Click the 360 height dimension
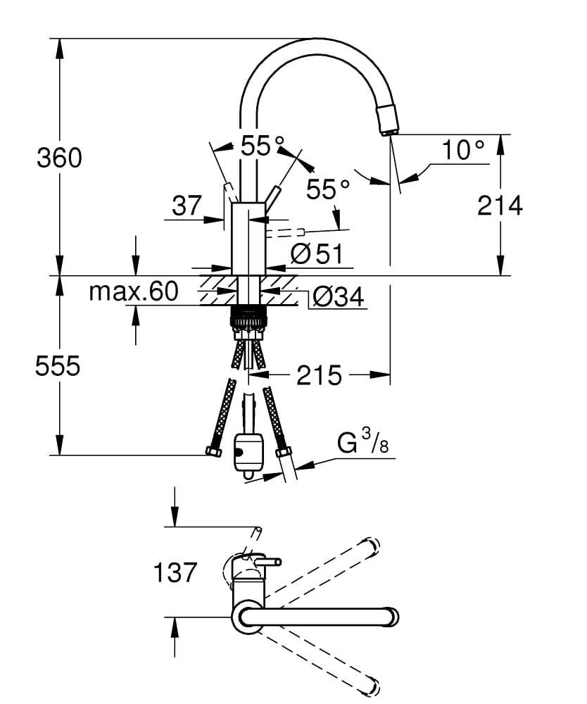coord(59,158)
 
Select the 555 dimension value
coord(59,365)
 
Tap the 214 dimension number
coord(500,206)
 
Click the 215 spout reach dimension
coord(318,375)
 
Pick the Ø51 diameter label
coord(316,253)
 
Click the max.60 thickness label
coord(133,291)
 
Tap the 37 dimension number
coord(187,206)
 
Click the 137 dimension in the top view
coord(175,572)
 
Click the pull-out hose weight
coord(248,454)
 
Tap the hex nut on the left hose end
coord(213,451)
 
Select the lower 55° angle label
coord(327,188)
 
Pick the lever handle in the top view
coord(265,561)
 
